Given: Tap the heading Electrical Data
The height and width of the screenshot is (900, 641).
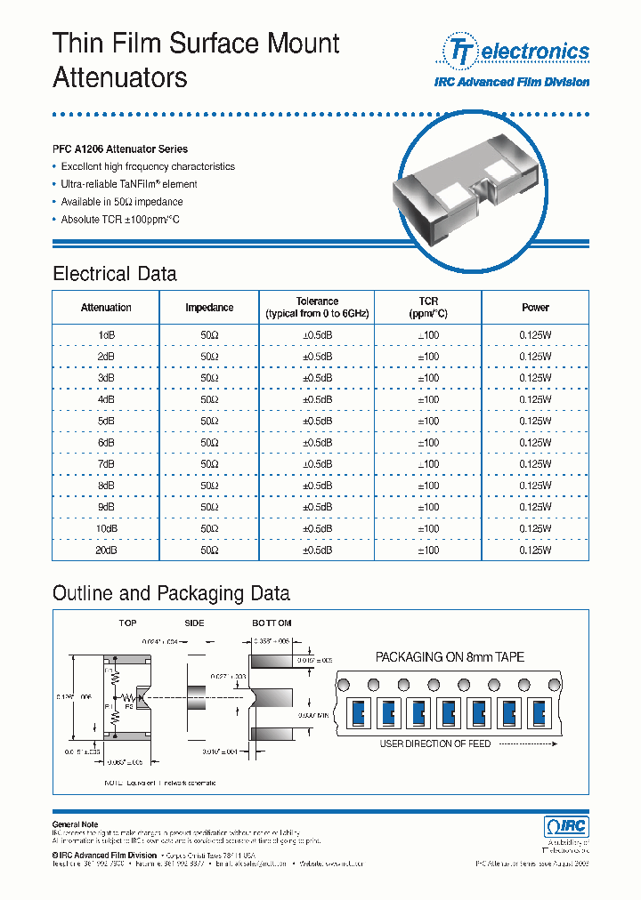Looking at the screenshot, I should coord(115,273).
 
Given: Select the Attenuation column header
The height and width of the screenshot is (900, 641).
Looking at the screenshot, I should coord(106,308).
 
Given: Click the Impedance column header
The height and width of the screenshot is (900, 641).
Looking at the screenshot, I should coord(209,308).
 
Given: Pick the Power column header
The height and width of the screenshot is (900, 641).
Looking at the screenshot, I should coord(535,308).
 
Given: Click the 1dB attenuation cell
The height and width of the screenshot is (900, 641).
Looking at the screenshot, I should coord(106,333).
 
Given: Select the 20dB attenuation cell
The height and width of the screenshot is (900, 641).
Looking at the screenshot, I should coord(106,550).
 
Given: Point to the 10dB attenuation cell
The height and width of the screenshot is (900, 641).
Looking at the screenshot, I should coord(106,528).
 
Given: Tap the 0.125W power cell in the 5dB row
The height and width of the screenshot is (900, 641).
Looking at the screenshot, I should coord(535,421).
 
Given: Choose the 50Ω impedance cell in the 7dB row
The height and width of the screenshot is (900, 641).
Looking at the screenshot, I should coord(209,464).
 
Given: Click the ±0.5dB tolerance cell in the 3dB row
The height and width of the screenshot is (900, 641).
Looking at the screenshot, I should coord(317,377).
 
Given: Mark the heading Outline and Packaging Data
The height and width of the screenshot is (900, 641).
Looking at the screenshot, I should coord(171,593).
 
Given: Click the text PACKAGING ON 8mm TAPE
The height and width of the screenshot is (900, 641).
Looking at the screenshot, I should coord(450,657).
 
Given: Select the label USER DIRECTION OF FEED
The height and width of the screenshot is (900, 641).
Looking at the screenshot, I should coord(435,743).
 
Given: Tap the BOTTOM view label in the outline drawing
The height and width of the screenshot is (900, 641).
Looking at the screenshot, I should coord(272,623).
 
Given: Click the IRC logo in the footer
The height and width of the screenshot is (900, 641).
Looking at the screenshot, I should coord(565,826).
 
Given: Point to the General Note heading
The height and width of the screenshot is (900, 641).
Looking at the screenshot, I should coord(76,824).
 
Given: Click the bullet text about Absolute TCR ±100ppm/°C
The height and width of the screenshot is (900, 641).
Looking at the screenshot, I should coord(120,219).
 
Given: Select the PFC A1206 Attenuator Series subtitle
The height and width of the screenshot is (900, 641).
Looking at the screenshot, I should coord(120,149).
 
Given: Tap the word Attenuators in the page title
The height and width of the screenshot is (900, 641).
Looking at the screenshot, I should coord(120,78).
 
